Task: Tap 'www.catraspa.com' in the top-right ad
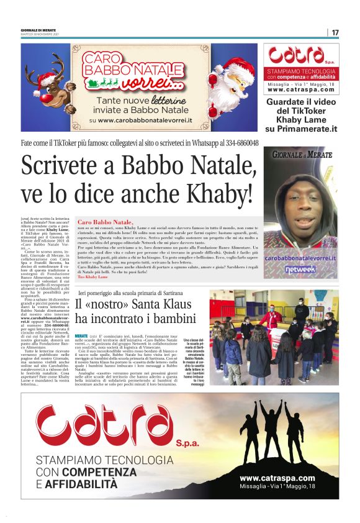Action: click(301, 89)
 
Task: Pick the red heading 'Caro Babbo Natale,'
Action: click(105, 222)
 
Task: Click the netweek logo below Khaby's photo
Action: click(301, 269)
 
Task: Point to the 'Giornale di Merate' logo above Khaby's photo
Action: click(301, 155)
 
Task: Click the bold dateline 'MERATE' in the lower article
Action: click(81, 335)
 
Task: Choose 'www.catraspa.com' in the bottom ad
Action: click(277, 477)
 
